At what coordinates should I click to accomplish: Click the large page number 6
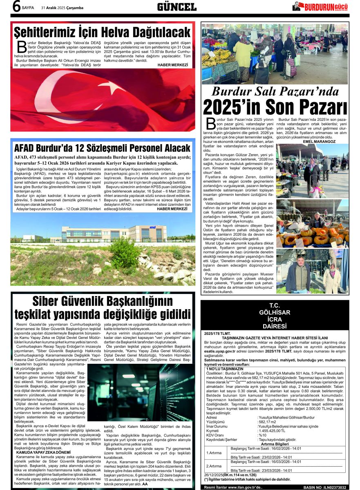[16, 7]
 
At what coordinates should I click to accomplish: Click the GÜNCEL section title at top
[177, 7]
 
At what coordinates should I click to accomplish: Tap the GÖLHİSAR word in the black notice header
[274, 312]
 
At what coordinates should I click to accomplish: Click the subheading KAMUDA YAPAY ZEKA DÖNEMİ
[41, 452]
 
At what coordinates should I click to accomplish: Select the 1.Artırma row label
[214, 452]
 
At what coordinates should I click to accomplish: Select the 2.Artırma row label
[214, 466]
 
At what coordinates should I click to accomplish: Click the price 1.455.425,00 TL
[272, 430]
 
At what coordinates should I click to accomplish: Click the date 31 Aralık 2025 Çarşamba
[62, 8]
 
